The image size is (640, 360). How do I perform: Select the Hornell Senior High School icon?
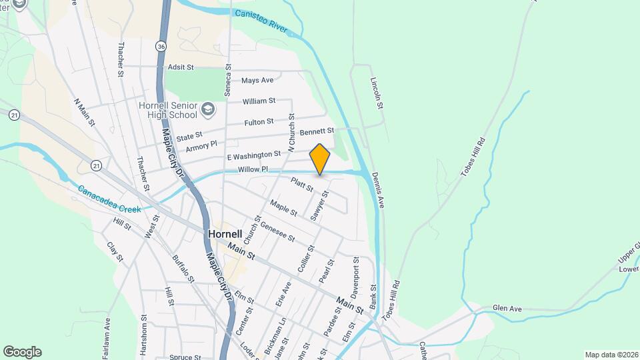tap(209, 108)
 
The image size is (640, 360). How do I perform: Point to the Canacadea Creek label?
tap(109, 199)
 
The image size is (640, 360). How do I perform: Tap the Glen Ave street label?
tap(506, 309)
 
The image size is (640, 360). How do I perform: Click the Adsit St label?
tap(180, 67)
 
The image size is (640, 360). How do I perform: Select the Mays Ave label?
tap(257, 81)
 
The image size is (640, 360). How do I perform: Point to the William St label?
tap(259, 101)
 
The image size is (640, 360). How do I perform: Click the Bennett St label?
tap(316, 132)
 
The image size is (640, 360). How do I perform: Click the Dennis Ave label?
tap(378, 191)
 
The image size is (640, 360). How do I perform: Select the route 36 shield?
tap(161, 46)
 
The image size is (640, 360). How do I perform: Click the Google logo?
tap(22, 351)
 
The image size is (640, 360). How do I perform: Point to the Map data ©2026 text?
tap(611, 355)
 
